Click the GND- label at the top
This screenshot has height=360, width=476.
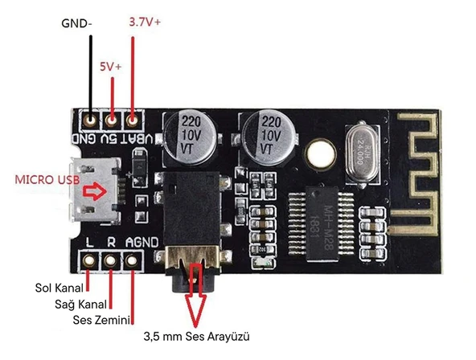[x=77, y=23]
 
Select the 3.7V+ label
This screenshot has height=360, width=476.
[x=145, y=23]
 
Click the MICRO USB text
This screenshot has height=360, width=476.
[x=47, y=182]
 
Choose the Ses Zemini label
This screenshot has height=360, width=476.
[x=70, y=321]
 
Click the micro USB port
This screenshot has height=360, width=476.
[x=96, y=193]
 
